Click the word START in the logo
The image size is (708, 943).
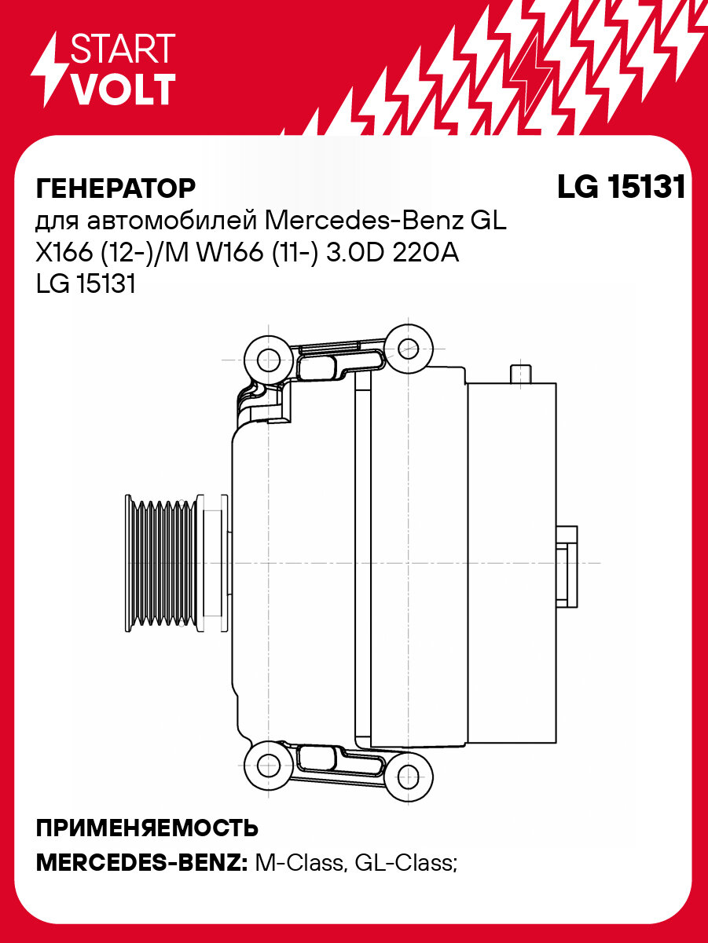(x=123, y=49)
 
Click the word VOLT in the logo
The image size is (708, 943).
(x=123, y=90)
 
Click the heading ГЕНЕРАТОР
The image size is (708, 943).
(x=116, y=188)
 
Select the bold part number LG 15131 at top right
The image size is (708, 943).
(x=621, y=188)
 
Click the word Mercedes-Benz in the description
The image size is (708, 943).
(x=365, y=221)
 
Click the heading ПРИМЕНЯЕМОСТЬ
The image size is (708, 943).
(x=147, y=828)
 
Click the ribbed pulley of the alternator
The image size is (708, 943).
(x=161, y=563)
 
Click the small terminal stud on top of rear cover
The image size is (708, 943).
(x=520, y=375)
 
